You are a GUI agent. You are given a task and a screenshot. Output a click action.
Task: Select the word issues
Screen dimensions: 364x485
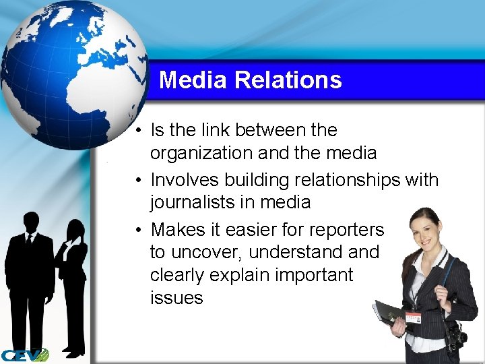(176, 297)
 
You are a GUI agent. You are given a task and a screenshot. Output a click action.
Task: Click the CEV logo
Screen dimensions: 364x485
(24, 355)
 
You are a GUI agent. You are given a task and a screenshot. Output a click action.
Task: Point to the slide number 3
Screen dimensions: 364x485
(453, 347)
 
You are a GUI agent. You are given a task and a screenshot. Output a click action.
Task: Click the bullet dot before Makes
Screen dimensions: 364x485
(137, 231)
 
